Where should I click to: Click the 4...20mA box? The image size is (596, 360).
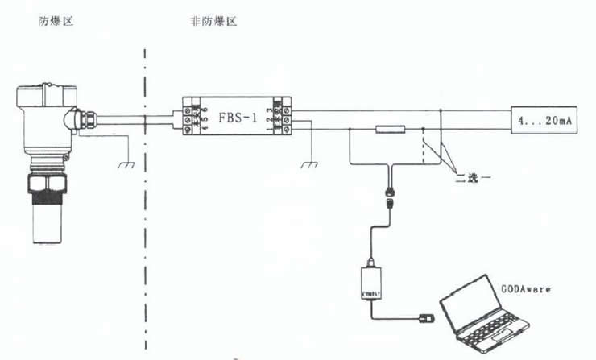[x=545, y=122]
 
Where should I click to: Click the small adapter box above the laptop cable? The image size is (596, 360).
[x=372, y=279]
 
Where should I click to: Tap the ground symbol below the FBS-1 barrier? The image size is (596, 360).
[x=308, y=164]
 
